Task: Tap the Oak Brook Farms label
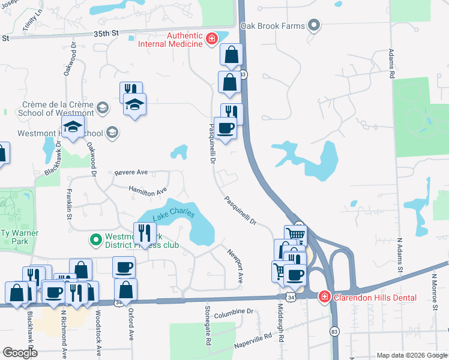coord(273,26)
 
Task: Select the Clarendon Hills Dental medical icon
coord(324,296)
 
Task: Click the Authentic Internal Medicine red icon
coord(211,40)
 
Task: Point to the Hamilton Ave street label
coord(148,191)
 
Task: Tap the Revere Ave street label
coord(130,173)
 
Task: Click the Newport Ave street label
coord(235,265)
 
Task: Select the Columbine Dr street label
coord(235,312)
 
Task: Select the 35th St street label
coord(107,34)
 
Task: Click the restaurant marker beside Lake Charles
coord(145,233)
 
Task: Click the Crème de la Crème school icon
coord(103,108)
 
